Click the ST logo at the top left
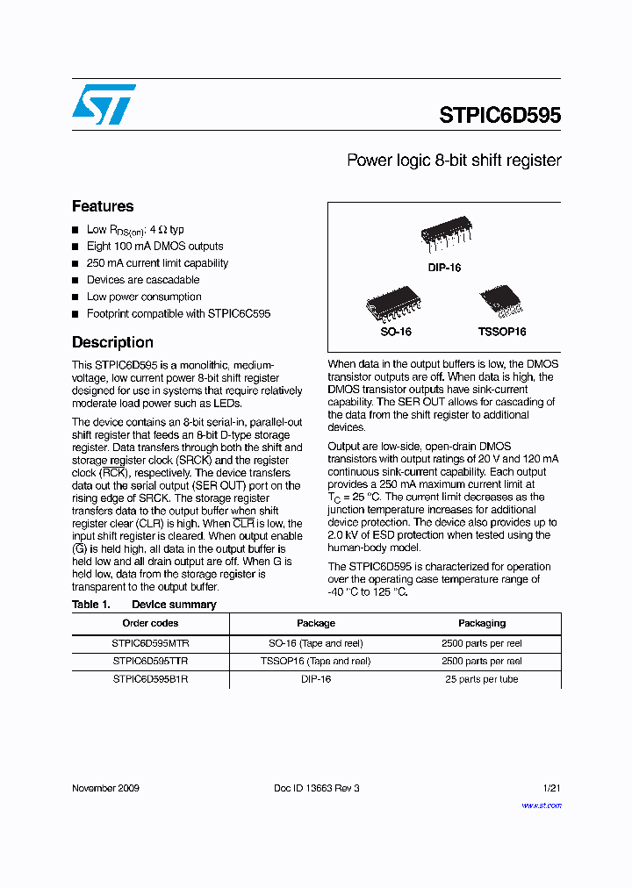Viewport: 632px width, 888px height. click(104, 104)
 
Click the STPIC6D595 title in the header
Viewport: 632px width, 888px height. click(499, 116)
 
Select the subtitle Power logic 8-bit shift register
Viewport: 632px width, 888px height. click(453, 161)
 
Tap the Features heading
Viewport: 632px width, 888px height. click(103, 206)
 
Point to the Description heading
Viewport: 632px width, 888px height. click(112, 342)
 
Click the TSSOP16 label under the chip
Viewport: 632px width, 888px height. click(501, 333)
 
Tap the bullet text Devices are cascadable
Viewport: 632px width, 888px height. click(143, 280)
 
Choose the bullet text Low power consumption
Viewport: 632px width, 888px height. click(144, 297)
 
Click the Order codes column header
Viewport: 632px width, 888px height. click(150, 623)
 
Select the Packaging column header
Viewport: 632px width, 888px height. click(482, 623)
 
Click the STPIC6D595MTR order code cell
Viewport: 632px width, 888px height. click(150, 643)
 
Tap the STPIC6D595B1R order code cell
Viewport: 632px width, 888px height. click(150, 679)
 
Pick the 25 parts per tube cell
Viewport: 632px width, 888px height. click(482, 679)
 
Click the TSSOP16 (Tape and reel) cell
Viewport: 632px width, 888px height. click(316, 661)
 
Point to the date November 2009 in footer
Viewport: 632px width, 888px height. click(105, 788)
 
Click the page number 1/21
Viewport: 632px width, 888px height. click(551, 788)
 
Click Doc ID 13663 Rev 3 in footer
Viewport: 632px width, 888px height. click(316, 788)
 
